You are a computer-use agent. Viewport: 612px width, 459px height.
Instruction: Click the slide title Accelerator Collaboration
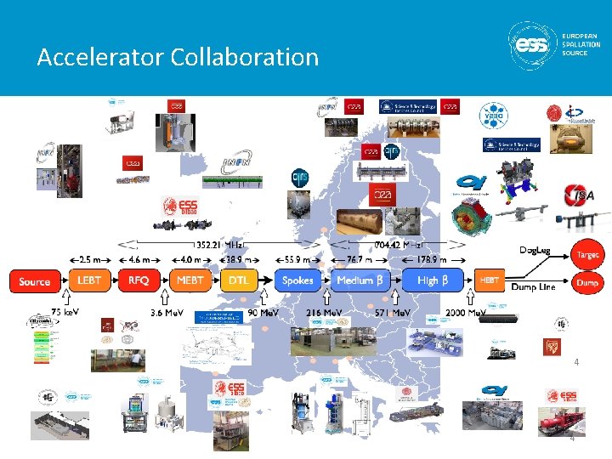[178, 58]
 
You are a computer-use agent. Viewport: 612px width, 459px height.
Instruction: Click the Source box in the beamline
[34, 281]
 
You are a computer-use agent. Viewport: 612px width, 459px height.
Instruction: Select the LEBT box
[89, 280]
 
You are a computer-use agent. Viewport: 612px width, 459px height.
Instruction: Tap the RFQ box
[139, 280]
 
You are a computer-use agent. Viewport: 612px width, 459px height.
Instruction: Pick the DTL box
[239, 280]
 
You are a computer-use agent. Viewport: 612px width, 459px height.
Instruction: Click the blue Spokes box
[297, 280]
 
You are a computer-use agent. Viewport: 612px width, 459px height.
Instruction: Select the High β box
[428, 280]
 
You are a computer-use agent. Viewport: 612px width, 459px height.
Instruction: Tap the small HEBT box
[490, 280]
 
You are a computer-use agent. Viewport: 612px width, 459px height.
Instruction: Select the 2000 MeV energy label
[466, 313]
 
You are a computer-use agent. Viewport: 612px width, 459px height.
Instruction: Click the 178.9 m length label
[431, 257]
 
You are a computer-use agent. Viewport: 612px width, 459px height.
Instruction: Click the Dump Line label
[533, 287]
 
